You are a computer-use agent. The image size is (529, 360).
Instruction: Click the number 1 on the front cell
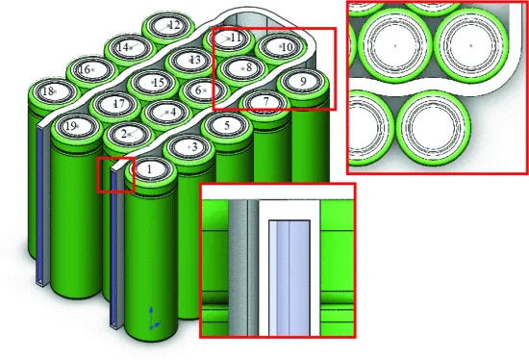tap(150, 168)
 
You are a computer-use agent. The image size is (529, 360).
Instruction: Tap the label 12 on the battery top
tap(174, 25)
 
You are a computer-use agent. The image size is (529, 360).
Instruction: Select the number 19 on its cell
tap(70, 126)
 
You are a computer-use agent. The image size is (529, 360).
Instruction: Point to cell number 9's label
tap(303, 81)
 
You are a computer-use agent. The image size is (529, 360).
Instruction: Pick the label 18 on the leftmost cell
tap(48, 90)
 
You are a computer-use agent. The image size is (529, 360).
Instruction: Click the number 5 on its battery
tap(227, 126)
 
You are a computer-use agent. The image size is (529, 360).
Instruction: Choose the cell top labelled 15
tap(154, 83)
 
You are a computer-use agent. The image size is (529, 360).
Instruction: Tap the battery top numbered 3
tap(189, 147)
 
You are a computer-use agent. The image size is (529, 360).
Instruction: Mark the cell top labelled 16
tap(91, 70)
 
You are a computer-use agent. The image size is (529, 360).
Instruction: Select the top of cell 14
tap(130, 47)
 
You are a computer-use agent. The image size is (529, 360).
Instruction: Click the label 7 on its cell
tap(265, 101)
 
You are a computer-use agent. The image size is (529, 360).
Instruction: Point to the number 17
tap(118, 104)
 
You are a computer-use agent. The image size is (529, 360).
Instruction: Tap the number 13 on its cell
tap(195, 60)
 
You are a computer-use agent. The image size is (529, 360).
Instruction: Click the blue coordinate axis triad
tap(153, 318)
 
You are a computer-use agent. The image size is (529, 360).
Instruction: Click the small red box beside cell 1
tap(115, 175)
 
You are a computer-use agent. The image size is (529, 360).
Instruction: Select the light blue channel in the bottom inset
tap(290, 278)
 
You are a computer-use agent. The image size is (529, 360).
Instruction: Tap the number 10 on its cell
tap(288, 47)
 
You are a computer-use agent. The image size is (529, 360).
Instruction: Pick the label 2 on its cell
tap(124, 135)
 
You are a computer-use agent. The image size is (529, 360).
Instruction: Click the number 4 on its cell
tap(173, 112)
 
